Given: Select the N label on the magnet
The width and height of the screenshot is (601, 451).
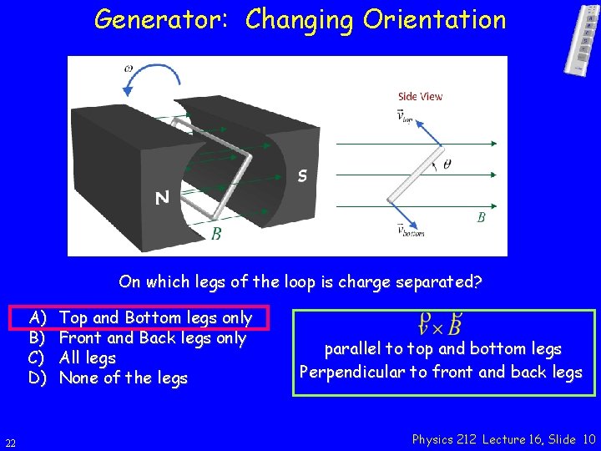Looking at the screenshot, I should tap(163, 198).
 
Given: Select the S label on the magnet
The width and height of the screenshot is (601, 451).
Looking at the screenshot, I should tap(303, 176).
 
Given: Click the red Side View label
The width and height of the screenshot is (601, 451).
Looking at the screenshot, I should tap(421, 96).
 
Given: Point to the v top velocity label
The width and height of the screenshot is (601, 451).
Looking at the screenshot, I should tap(405, 115).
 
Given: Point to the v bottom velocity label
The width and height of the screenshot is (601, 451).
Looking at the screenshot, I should tap(410, 230).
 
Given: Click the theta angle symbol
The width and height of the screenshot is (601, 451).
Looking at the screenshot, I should tap(447, 165).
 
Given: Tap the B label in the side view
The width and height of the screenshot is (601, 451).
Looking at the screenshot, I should tap(481, 217).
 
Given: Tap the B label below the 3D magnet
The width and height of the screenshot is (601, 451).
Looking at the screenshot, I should tap(216, 235).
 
